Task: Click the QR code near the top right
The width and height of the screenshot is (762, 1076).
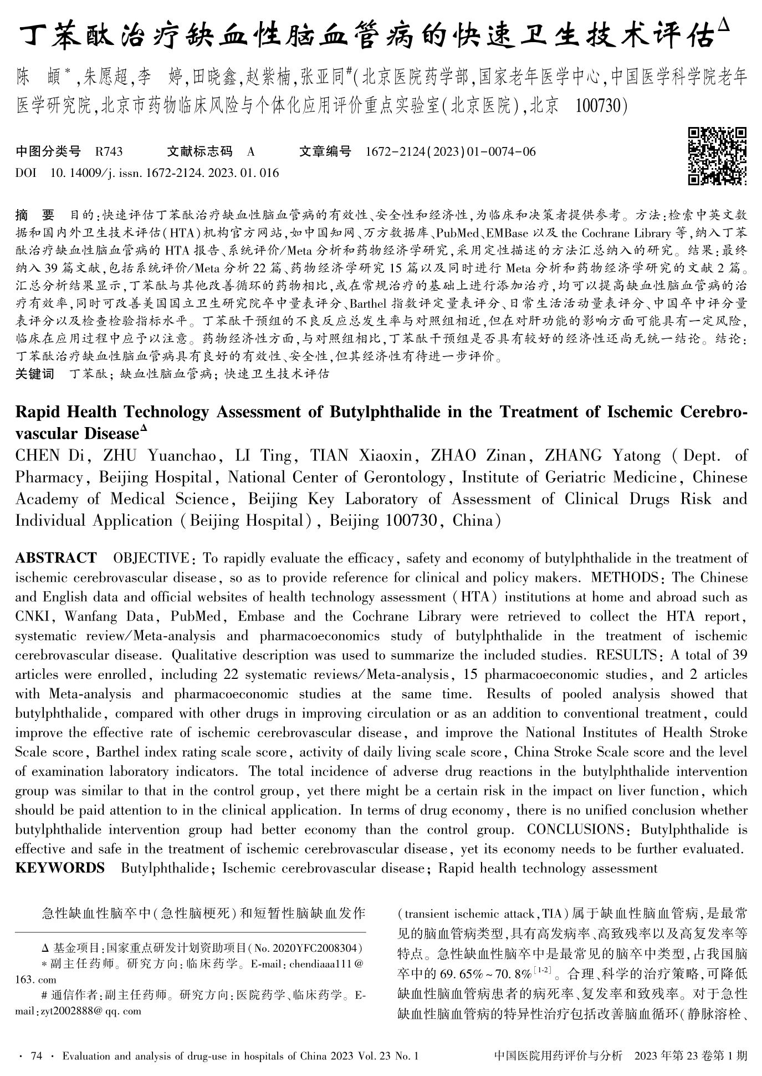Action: [x=717, y=156]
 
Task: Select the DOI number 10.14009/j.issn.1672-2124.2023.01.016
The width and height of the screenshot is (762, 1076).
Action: [x=165, y=173]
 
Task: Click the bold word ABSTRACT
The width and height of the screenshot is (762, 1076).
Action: [x=55, y=558]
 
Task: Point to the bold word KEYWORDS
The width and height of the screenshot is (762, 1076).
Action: [x=59, y=868]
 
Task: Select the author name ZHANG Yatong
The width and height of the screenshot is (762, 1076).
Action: [x=602, y=456]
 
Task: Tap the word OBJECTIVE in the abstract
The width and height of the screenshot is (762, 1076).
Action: [x=151, y=558]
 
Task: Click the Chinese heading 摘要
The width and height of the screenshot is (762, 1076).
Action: [x=35, y=215]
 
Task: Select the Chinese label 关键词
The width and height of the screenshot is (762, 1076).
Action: [x=35, y=374]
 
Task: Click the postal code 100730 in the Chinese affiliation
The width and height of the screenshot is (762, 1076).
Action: [x=601, y=105]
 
